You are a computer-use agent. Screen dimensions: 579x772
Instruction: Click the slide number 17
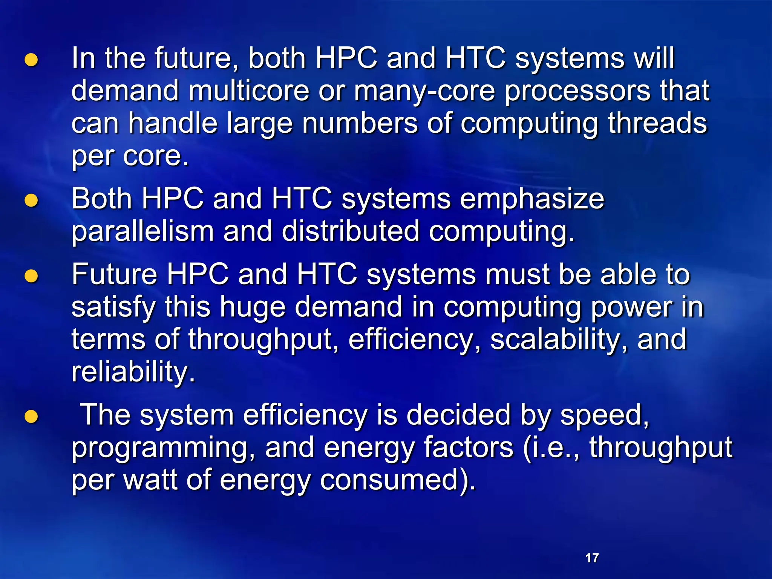click(x=592, y=558)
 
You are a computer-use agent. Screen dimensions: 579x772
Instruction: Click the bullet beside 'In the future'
click(x=31, y=60)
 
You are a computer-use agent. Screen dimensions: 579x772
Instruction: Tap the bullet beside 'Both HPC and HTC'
click(x=31, y=201)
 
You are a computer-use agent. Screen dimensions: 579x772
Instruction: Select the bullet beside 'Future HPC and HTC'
click(x=31, y=276)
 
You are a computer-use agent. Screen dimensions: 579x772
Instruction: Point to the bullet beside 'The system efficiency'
click(x=31, y=417)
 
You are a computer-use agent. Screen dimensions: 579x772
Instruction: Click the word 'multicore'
click(x=248, y=91)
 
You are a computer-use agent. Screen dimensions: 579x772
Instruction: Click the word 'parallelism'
click(x=143, y=232)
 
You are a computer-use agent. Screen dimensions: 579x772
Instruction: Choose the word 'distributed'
click(x=350, y=231)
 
